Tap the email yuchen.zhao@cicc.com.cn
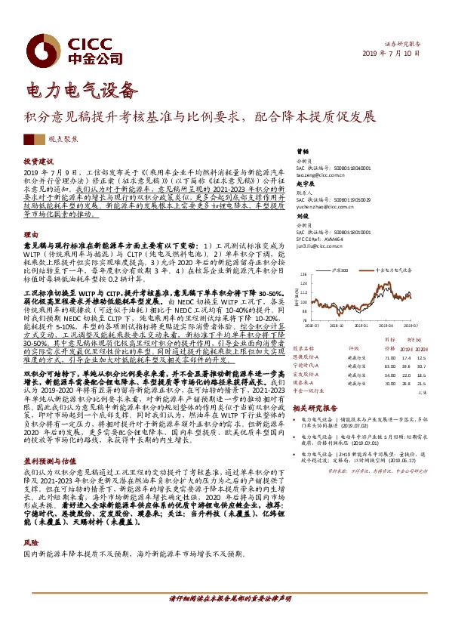pos(318,204)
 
